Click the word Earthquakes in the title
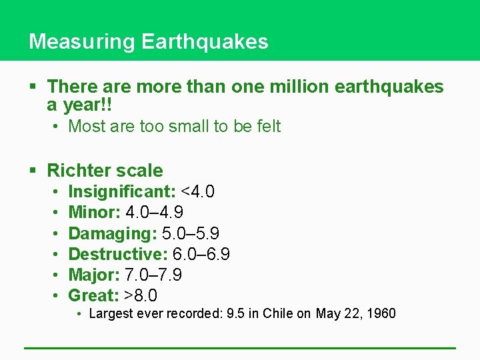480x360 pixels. click(205, 42)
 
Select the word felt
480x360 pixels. click(265, 126)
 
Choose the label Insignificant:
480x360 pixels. click(122, 192)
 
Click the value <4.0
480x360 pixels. click(197, 192)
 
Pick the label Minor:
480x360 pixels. click(94, 213)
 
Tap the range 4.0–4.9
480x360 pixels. click(155, 213)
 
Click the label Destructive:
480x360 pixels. click(118, 254)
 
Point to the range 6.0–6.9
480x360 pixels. click(201, 254)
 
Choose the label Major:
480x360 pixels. click(94, 275)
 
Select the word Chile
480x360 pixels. click(279, 313)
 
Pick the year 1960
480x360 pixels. click(381, 313)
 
